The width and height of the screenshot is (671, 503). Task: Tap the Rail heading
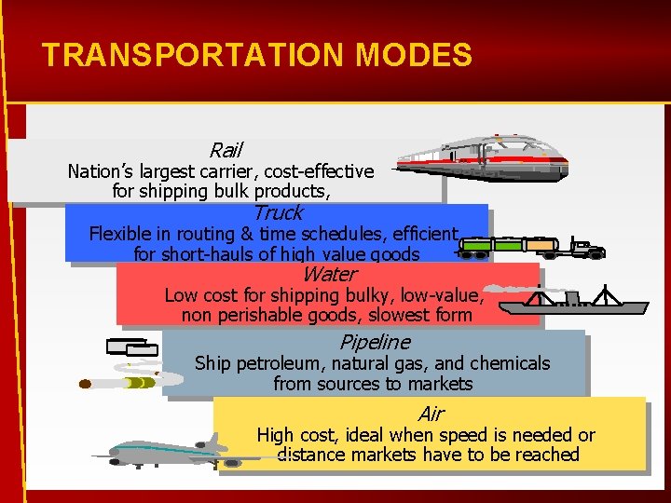pyautogui.click(x=226, y=150)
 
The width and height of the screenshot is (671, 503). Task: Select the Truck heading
pyautogui.click(x=277, y=212)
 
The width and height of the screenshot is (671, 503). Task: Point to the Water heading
pyautogui.click(x=329, y=274)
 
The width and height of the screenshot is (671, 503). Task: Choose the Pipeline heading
pyautogui.click(x=375, y=342)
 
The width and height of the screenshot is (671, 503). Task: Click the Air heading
pyautogui.click(x=431, y=414)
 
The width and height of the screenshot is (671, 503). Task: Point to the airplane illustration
pyautogui.click(x=163, y=451)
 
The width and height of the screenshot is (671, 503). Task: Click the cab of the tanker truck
pyautogui.click(x=586, y=248)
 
